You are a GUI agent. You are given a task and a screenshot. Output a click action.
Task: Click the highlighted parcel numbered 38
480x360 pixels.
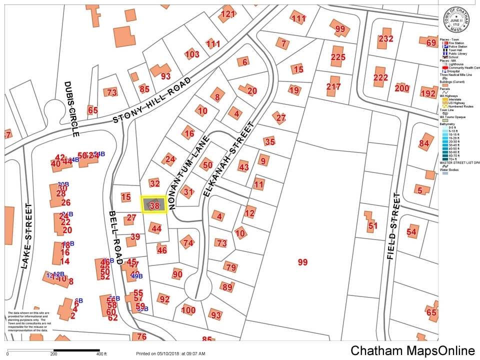[153, 204]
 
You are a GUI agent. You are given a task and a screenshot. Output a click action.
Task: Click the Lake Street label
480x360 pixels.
[26, 236]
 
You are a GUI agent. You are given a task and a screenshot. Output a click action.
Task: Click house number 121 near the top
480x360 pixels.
[227, 14]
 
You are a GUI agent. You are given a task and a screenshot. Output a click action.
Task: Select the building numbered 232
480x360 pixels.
[385, 38]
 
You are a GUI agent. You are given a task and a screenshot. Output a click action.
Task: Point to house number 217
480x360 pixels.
[333, 86]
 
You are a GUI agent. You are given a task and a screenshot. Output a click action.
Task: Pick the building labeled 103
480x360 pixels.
[192, 54]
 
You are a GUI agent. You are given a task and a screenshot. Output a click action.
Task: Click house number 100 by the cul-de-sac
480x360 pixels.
[188, 310]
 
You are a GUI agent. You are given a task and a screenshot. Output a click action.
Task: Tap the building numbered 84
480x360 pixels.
[424, 143]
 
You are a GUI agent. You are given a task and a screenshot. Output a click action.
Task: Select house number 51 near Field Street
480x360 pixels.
[373, 225]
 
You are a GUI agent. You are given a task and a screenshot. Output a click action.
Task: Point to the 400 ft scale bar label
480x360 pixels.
[101, 354]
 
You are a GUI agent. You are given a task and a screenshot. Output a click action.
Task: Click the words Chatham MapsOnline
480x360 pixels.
[412, 350]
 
